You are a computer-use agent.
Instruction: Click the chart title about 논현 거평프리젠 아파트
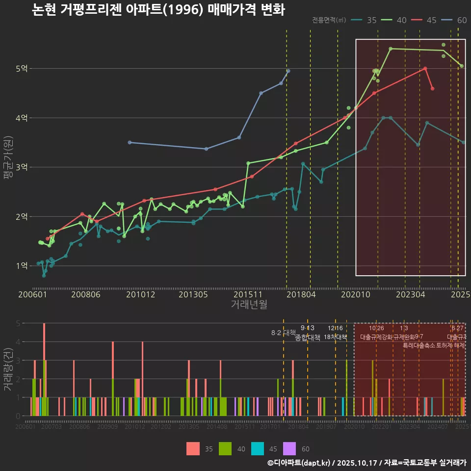coord(158,10)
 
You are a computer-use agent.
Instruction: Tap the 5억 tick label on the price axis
coord(21,69)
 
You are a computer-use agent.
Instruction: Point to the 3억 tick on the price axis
coord(21,167)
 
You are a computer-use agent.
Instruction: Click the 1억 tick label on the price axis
coord(21,266)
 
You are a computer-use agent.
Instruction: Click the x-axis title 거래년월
coord(249,305)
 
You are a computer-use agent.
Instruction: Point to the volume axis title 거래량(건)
coord(8,369)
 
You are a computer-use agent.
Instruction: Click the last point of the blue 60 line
coord(288,71)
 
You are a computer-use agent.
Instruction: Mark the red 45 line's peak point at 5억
coord(425,69)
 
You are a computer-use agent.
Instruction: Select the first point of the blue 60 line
coord(130,142)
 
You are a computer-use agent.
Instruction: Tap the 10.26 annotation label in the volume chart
coord(376,328)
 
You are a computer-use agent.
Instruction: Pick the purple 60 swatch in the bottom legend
coord(290,449)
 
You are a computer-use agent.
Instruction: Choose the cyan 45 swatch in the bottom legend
coord(258,449)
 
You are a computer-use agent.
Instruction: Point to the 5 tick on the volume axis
coord(18,323)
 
